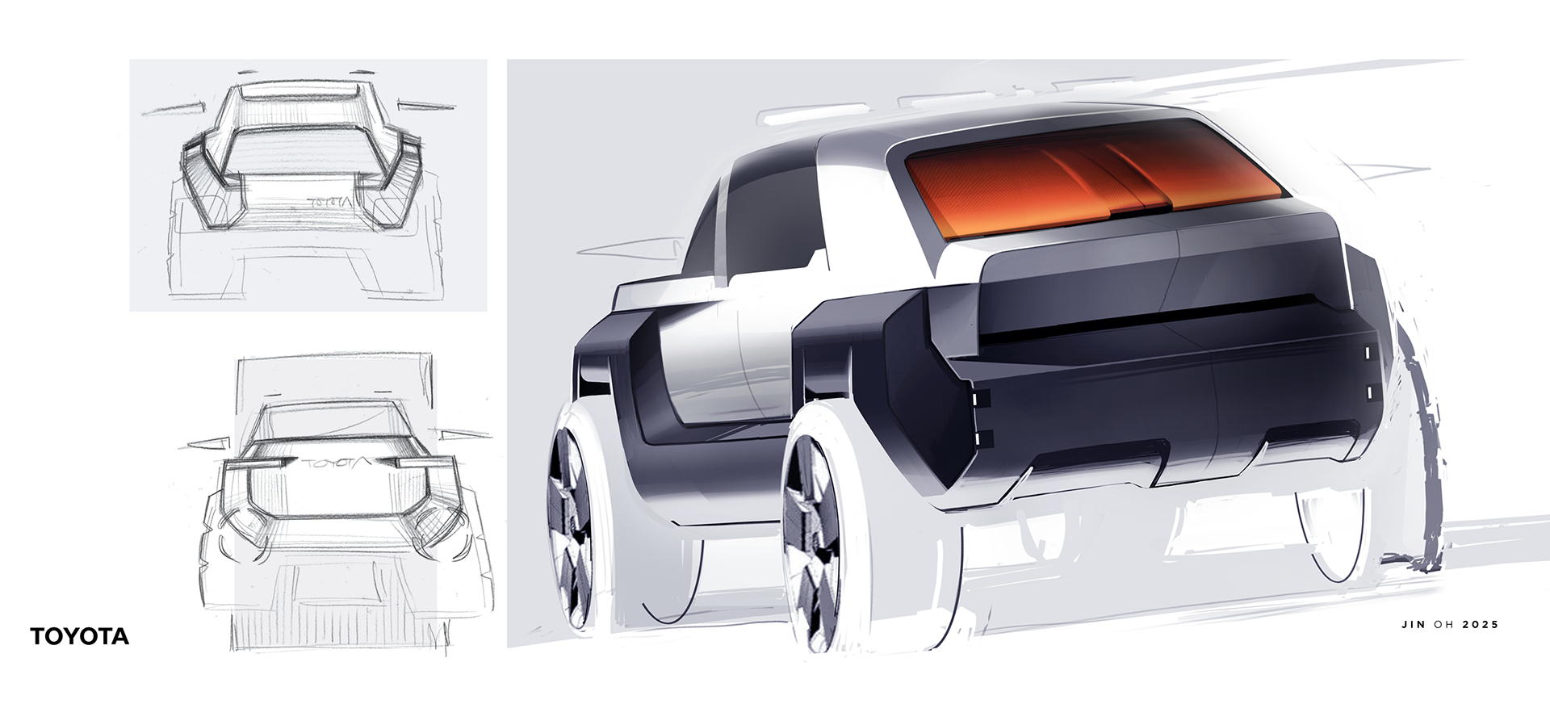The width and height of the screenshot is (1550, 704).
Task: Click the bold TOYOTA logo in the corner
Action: (80, 636)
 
